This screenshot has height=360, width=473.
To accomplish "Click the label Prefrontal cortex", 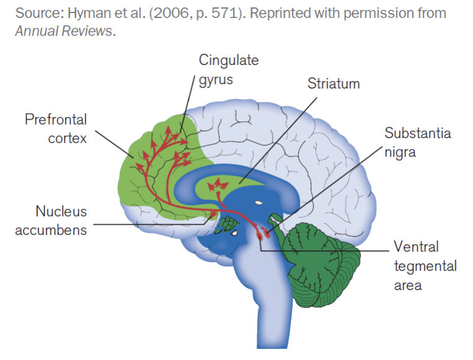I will pyautogui.click(x=56, y=128).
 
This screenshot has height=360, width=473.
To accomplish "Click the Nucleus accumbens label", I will pyautogui.click(x=52, y=221).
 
